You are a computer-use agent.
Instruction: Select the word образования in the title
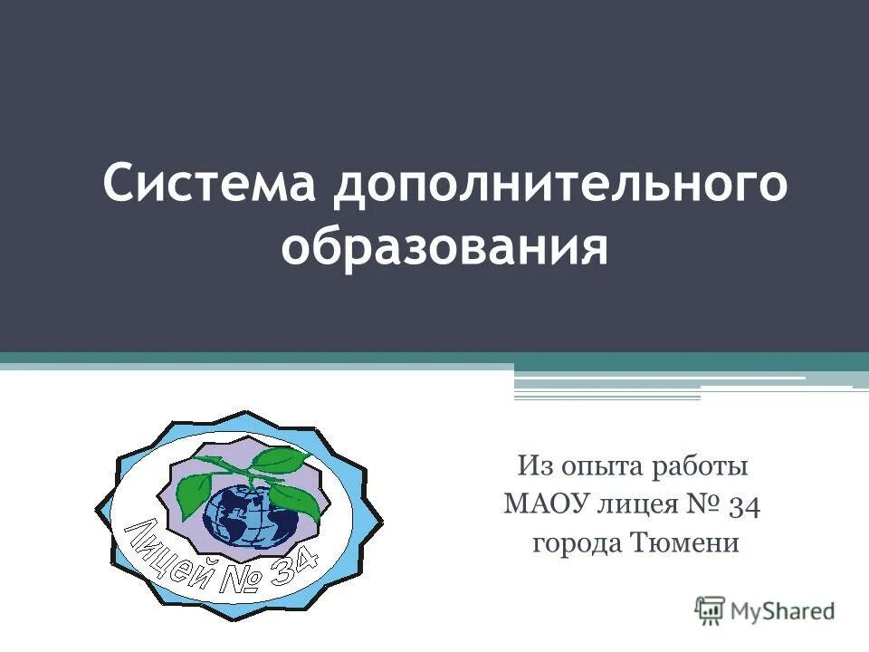444,247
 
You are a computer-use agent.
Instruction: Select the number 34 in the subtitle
744,505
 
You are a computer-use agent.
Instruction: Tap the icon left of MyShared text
711,609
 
